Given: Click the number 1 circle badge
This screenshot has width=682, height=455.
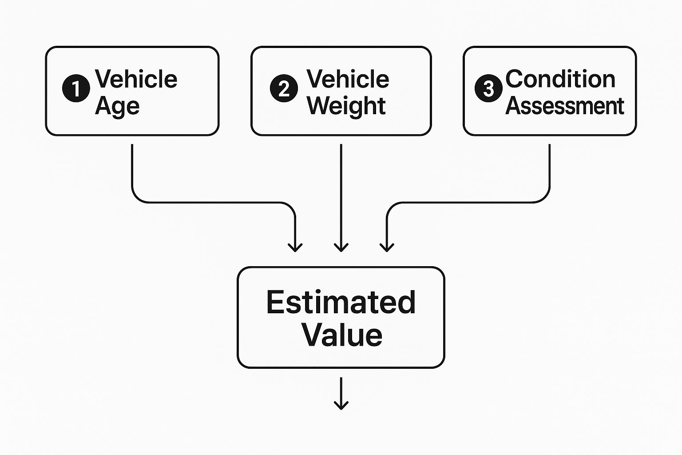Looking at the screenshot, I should tap(76, 88).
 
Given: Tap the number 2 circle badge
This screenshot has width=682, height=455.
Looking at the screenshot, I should tap(284, 88).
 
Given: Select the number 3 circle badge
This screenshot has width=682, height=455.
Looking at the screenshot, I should tap(488, 88).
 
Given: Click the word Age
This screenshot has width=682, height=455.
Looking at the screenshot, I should tap(117, 106).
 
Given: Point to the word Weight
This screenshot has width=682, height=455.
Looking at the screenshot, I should tap(346, 106).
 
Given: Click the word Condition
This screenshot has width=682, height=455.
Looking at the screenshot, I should tap(560, 79).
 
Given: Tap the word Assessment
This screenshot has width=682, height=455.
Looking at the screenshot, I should tap(565, 106).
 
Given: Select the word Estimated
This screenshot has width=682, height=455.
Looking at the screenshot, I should tap(341, 302).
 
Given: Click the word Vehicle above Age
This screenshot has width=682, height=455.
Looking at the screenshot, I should tap(136, 79).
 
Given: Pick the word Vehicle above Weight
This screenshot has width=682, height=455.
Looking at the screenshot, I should tap(348, 79).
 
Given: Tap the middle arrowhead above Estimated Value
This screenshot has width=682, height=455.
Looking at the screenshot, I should tap(341, 247).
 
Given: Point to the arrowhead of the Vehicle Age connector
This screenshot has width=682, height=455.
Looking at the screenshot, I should tap(295, 247).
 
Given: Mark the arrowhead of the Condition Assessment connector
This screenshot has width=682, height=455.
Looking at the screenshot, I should tap(387, 247).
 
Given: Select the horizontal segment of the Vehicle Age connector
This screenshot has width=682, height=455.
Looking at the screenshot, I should tap(213, 203).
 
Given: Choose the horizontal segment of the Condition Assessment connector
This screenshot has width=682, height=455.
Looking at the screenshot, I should tap(466, 203).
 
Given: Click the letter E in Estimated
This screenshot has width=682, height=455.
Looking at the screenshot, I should tap(275, 302).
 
